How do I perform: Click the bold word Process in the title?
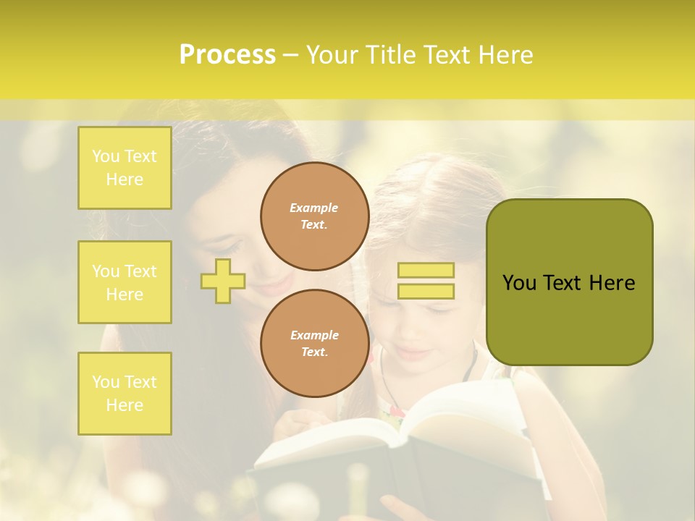227,55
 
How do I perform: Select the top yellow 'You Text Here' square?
125,168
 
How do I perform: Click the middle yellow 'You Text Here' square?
125,282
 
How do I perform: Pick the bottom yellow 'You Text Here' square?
125,394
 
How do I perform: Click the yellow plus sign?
223,281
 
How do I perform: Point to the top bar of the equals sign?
426,271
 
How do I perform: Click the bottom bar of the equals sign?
426,291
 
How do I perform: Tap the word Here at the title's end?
505,55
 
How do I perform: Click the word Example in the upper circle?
313,208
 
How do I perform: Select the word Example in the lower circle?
314,335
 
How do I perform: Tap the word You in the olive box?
519,283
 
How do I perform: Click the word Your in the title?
333,55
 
